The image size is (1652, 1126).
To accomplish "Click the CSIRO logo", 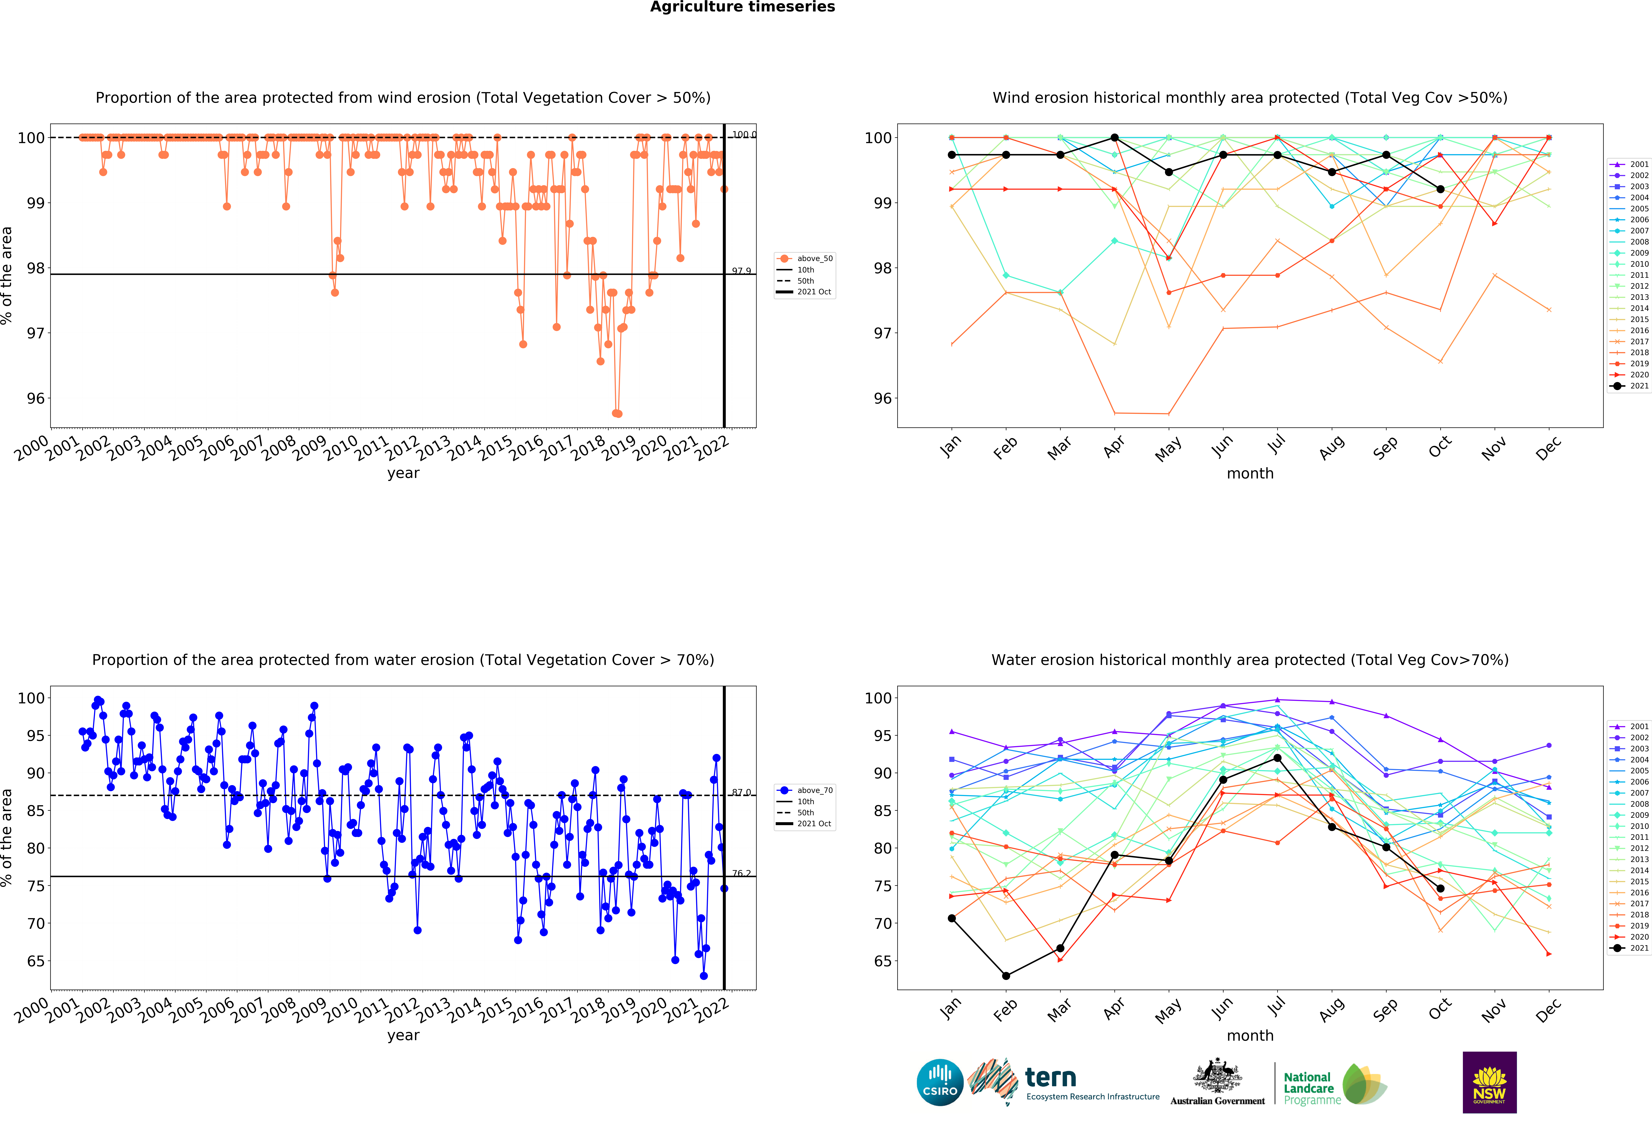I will click(x=940, y=1083).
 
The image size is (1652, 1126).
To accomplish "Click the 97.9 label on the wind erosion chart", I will click(x=741, y=271).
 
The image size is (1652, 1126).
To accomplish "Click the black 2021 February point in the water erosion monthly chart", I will click(x=1006, y=976).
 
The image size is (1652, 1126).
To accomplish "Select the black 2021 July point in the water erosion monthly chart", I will click(x=1277, y=758).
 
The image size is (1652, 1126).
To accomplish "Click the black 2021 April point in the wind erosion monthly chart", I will click(x=1115, y=138).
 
